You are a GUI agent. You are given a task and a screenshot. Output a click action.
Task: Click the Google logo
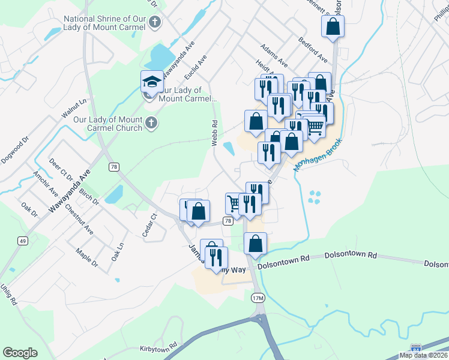pyautogui.click(x=20, y=353)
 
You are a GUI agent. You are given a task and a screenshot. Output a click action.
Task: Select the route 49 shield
pyautogui.click(x=23, y=241)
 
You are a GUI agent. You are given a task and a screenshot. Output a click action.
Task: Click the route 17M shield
pyautogui.click(x=257, y=298)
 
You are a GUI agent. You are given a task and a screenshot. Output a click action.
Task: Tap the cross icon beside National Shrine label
pyautogui.click(x=155, y=23)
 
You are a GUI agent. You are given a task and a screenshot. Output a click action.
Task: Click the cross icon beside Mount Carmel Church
pyautogui.click(x=151, y=124)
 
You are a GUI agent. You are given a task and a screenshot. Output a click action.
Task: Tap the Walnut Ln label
pyautogui.click(x=74, y=109)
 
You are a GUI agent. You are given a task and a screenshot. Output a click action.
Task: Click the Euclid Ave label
pyautogui.click(x=196, y=71)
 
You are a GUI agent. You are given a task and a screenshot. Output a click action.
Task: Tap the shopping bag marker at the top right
pyautogui.click(x=332, y=27)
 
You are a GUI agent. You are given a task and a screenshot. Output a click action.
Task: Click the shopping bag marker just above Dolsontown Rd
pyautogui.click(x=255, y=244)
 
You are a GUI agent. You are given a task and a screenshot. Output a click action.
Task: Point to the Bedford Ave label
pyautogui.click(x=313, y=50)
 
